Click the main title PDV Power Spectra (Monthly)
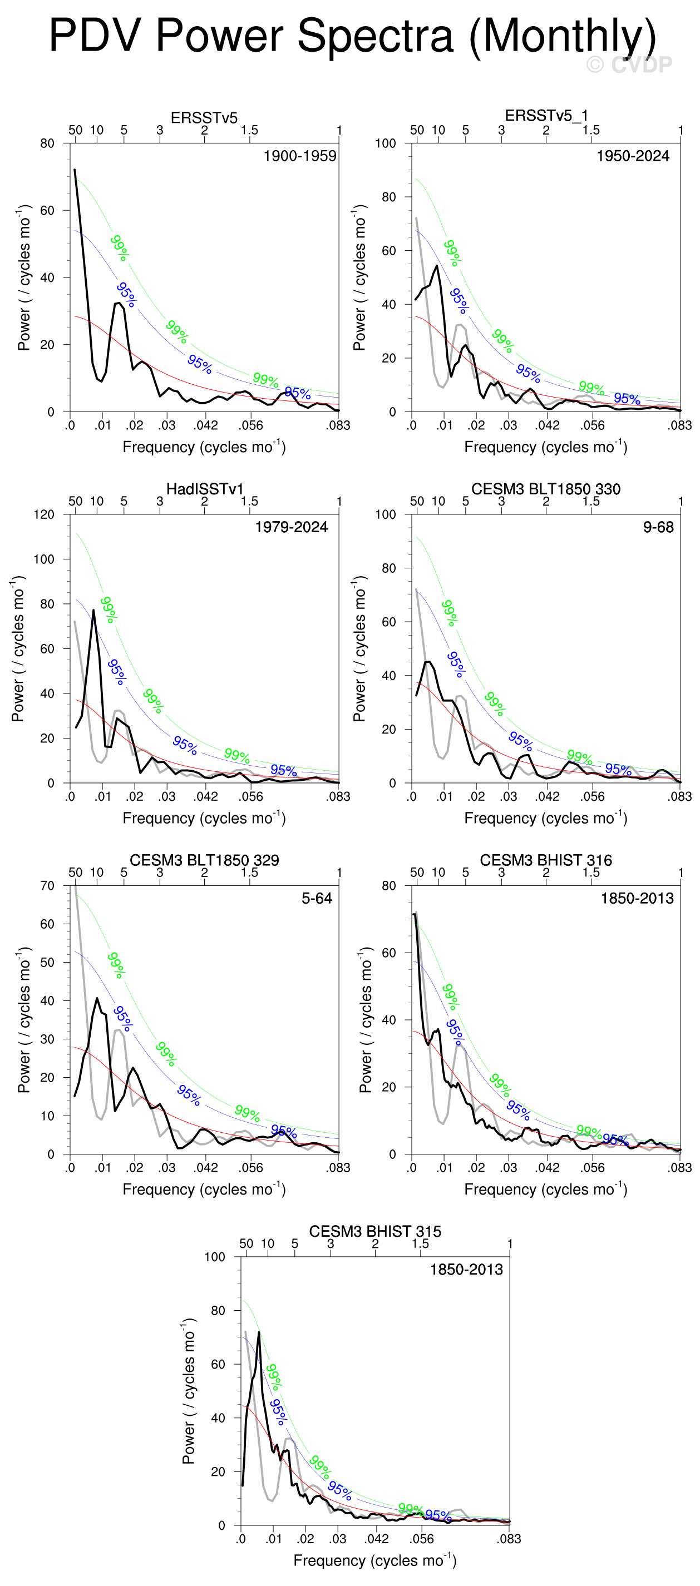352,36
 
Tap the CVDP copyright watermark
629,65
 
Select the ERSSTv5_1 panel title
546,116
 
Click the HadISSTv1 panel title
205,489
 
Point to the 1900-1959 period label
300,156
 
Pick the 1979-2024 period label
292,527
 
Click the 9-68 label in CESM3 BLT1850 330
658,527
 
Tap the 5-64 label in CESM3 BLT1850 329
317,898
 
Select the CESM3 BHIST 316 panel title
546,860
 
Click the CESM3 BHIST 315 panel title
375,1231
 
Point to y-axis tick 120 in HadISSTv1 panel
44,515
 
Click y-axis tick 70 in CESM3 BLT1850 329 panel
47,886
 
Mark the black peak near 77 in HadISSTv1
93,610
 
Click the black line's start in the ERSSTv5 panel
75,169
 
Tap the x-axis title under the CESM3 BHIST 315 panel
374,1560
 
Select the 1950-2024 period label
633,156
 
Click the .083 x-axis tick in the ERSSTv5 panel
338,425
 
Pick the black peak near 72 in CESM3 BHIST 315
259,1332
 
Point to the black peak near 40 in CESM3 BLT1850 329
97,998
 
